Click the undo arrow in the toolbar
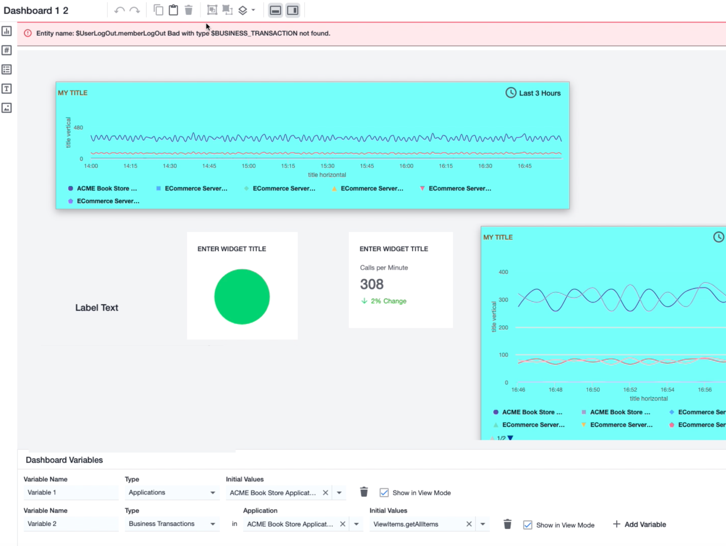[119, 10]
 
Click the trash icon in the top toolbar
[188, 10]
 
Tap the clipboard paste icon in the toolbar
[173, 10]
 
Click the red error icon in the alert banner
[28, 33]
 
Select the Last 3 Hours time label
[539, 93]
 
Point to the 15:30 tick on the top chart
[327, 166]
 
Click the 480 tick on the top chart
[78, 128]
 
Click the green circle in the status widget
[242, 297]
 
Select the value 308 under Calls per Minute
[371, 284]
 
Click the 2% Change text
[388, 301]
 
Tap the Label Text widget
[96, 308]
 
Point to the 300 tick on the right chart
[503, 299]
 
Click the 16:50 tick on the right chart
[593, 390]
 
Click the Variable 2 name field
[71, 524]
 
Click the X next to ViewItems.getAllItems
[469, 524]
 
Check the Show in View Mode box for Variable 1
[384, 493]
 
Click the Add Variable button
[639, 524]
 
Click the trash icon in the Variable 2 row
[507, 524]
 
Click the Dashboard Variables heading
[64, 460]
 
